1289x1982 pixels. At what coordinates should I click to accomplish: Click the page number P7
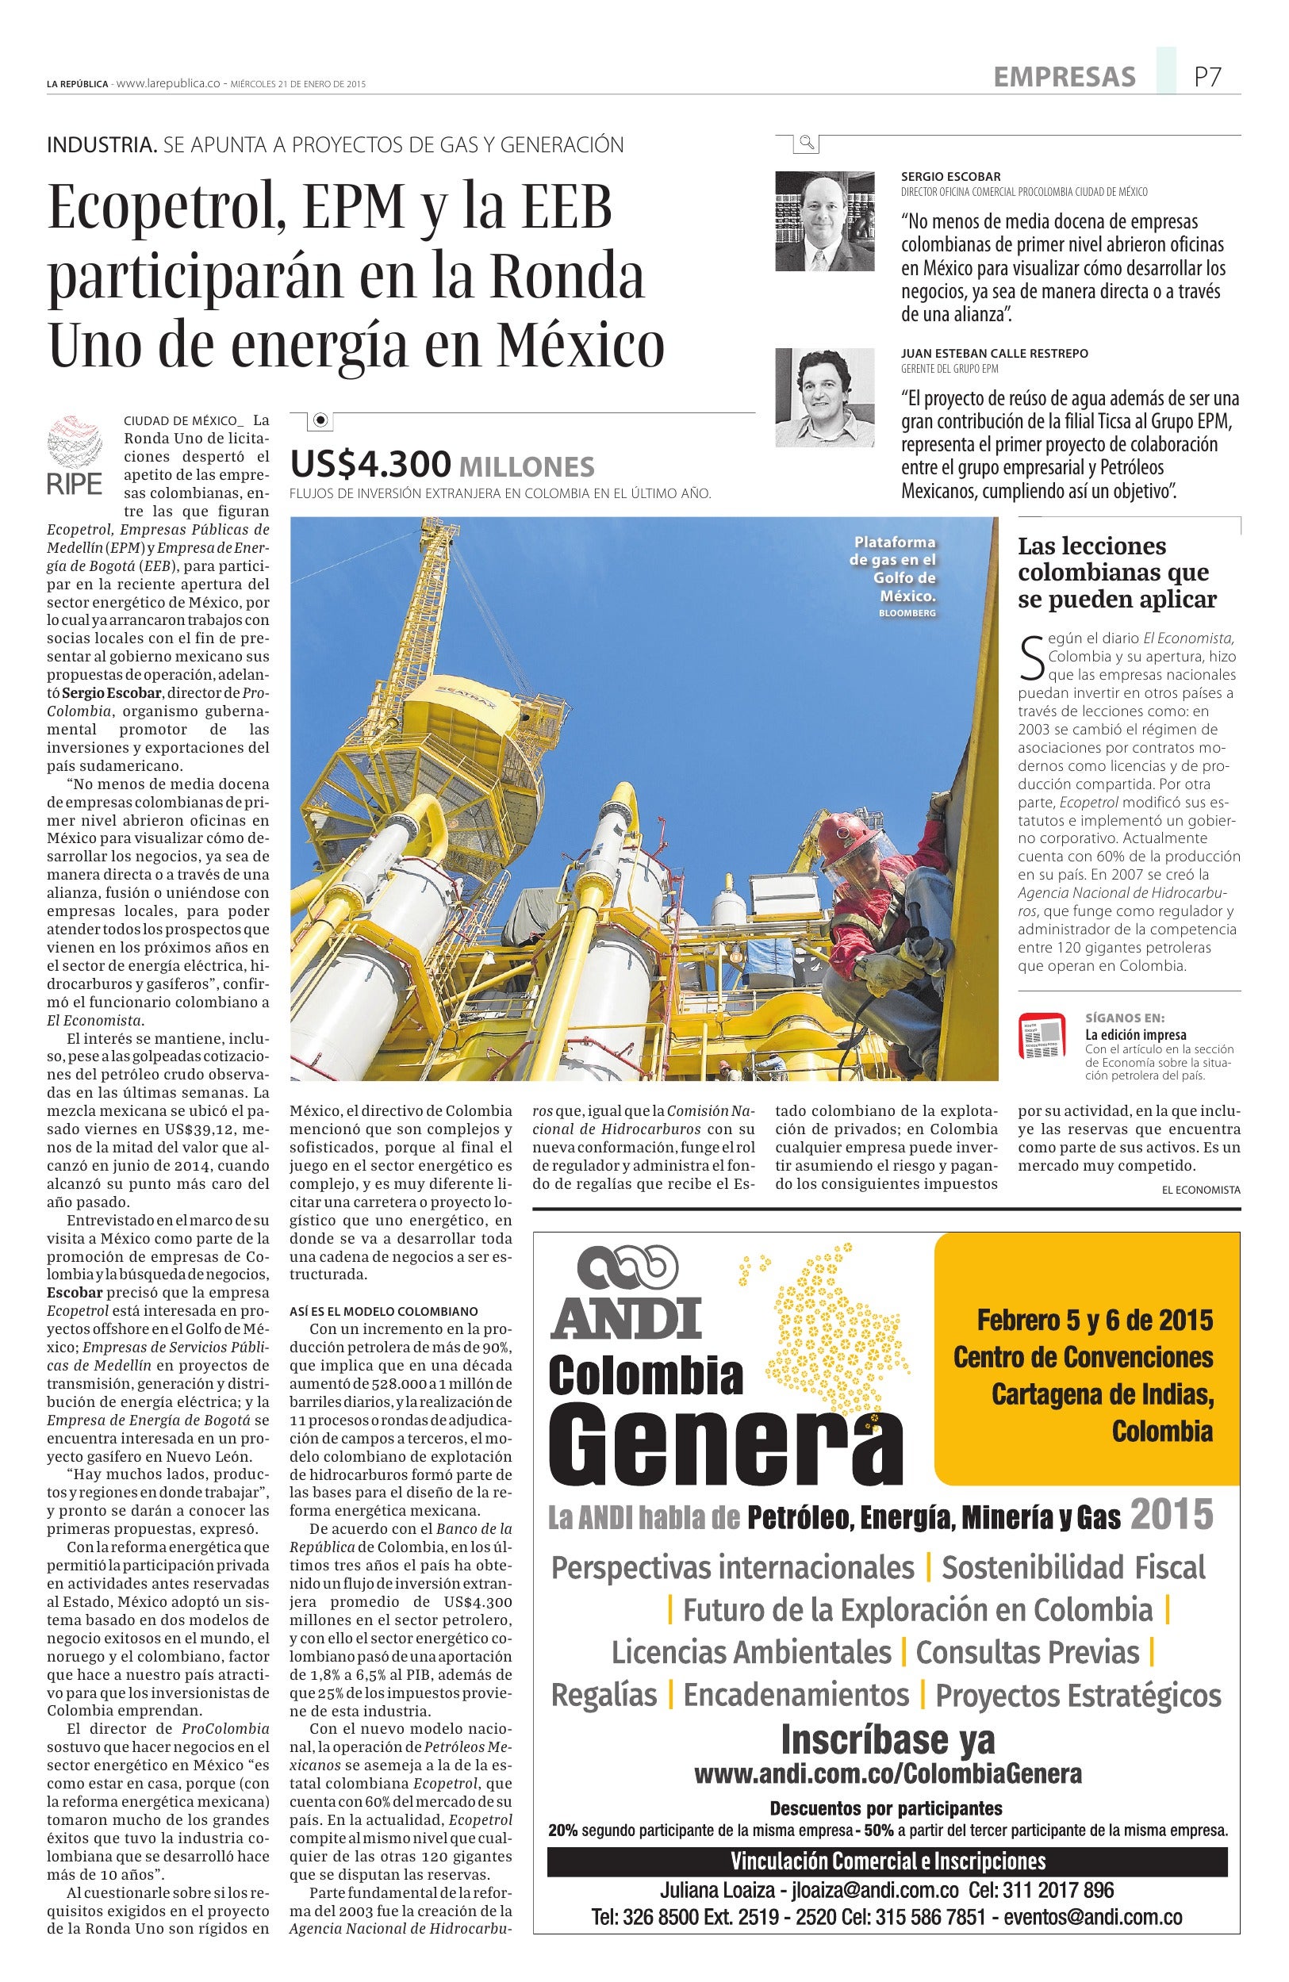[x=1207, y=78]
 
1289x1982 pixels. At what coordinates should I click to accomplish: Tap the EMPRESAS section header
[x=1065, y=78]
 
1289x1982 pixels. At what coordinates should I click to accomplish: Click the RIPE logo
[x=75, y=455]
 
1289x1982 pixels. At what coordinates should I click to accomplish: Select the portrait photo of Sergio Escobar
[x=824, y=220]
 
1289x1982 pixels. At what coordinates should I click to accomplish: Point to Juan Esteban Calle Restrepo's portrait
[x=824, y=397]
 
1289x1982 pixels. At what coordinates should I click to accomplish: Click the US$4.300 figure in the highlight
[x=370, y=464]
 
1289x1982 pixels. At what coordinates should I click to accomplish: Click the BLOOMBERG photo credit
[x=907, y=613]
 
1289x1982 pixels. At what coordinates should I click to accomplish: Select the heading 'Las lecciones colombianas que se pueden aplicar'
[x=1117, y=572]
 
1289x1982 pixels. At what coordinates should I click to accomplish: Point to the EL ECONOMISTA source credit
[x=1201, y=1190]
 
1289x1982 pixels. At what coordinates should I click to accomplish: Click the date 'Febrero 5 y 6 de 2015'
[x=1095, y=1320]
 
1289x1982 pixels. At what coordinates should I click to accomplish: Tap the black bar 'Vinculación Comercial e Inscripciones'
[x=888, y=1861]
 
